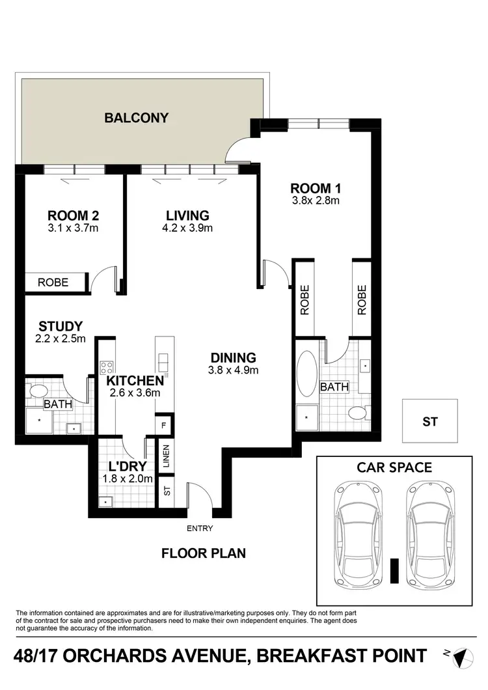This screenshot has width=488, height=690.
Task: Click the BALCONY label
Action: (137, 118)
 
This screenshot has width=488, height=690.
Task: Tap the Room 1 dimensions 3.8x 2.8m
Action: (316, 201)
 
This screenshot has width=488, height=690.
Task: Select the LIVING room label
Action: (187, 215)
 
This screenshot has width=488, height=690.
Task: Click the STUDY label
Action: (60, 326)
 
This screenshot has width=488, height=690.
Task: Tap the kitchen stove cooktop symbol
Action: (107, 367)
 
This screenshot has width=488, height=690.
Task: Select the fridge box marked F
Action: (165, 425)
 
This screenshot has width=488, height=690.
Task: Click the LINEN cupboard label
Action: (166, 457)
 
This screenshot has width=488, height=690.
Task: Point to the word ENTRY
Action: (199, 529)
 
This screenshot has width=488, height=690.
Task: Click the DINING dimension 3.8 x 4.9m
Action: (233, 371)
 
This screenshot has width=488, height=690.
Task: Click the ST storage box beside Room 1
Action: (430, 422)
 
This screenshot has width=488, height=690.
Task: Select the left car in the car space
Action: (357, 534)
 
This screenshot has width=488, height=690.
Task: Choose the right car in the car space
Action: (431, 534)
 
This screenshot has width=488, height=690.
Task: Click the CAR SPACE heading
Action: (394, 467)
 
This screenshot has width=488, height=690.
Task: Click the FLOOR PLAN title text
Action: (204, 554)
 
